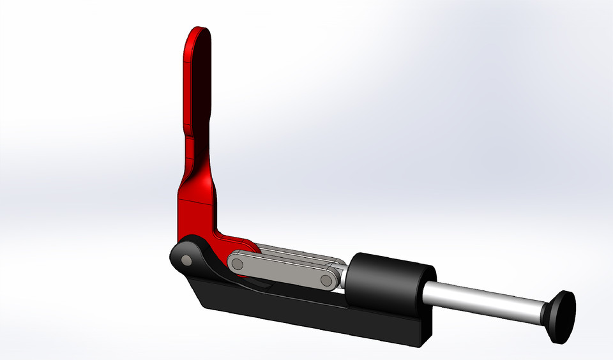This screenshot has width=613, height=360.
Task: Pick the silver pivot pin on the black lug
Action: pyautogui.click(x=185, y=260)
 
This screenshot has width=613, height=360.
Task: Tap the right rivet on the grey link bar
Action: pyautogui.click(x=326, y=280)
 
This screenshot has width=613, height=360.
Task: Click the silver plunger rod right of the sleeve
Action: pyautogui.click(x=485, y=299)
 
